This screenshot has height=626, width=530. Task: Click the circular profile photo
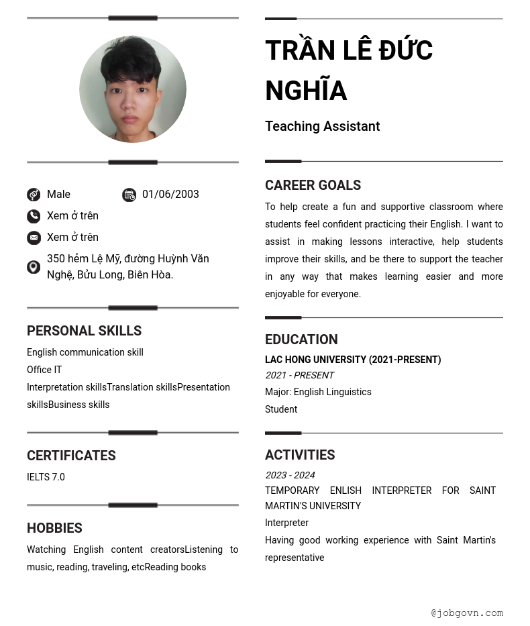[x=133, y=89]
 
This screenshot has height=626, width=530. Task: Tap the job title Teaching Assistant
[x=322, y=126]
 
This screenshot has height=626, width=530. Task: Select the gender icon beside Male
[x=34, y=195]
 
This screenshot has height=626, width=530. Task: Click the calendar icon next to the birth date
[x=129, y=195]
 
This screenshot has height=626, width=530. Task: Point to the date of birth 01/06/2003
[x=170, y=195]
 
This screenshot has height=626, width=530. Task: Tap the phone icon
[x=34, y=216]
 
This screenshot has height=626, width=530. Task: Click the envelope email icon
[x=34, y=238]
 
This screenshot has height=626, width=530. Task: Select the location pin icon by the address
[x=34, y=267]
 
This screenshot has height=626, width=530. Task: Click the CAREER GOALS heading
[x=313, y=185]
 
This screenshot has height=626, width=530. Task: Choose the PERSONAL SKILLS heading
[x=84, y=331]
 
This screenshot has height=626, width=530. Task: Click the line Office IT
[x=44, y=370]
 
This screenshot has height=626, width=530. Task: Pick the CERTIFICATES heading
[x=71, y=456]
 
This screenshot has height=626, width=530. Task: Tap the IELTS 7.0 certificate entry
[x=46, y=477]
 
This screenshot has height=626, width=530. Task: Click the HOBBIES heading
[x=54, y=528]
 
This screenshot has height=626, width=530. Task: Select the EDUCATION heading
[x=301, y=340]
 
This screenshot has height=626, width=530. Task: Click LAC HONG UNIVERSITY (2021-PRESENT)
[x=353, y=360]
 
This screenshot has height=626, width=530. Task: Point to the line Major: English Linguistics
[x=318, y=392]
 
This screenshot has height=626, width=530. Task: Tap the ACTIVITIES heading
[x=300, y=455]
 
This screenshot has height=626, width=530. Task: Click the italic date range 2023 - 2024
[x=290, y=475]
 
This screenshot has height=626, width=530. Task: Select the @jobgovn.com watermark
[x=467, y=613]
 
